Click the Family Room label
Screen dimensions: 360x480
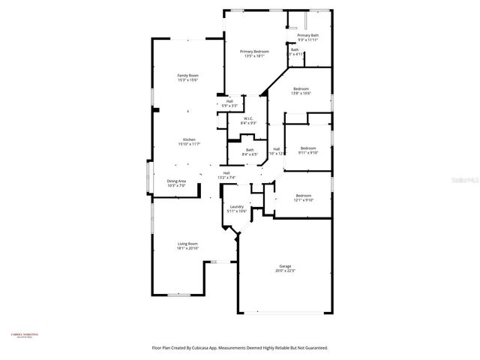point(187,76)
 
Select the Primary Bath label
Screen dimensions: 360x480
point(307,36)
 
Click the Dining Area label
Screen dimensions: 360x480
point(176,180)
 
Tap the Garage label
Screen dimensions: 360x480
point(285,266)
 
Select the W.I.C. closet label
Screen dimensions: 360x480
point(248,118)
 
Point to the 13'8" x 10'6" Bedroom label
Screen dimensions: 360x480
point(301,88)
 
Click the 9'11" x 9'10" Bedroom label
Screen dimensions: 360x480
point(308,148)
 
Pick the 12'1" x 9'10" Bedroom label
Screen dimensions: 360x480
point(303,196)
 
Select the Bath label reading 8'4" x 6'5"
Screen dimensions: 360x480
point(250,150)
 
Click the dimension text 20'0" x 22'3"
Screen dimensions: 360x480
point(285,271)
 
